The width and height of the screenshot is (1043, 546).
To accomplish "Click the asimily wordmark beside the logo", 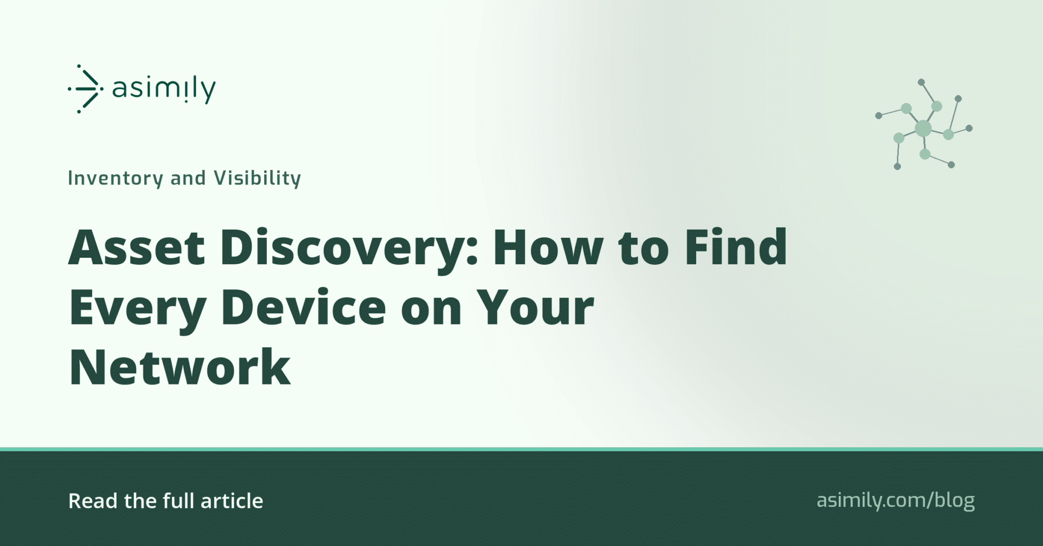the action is (x=164, y=90).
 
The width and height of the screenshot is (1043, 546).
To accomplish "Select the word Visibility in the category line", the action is (x=257, y=178).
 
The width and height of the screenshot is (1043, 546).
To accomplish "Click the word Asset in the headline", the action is (x=136, y=248).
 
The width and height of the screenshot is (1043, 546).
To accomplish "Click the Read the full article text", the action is (x=166, y=501).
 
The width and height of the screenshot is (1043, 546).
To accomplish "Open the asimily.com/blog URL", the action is (x=895, y=501).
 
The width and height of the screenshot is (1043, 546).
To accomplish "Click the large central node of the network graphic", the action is (x=923, y=128).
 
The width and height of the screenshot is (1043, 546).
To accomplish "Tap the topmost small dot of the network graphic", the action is (x=921, y=82).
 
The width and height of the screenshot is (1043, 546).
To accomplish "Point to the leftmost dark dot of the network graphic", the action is (x=879, y=116).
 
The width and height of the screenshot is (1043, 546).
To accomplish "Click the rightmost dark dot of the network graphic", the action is (x=969, y=128).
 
